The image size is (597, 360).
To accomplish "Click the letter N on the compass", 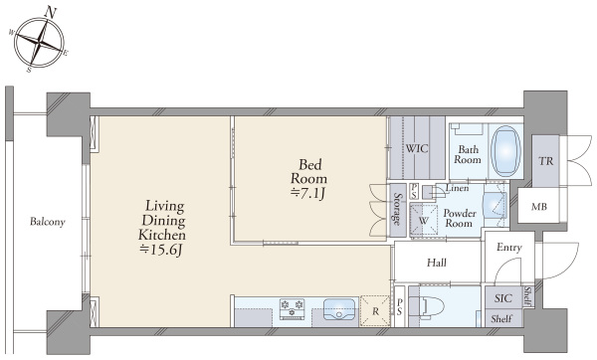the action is pos(51,13).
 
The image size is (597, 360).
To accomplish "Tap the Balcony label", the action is pos(48,222).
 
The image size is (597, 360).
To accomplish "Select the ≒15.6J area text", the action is pos(162,250).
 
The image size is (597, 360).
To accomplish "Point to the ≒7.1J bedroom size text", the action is pos(307,194).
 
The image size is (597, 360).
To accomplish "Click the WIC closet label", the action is pos(417,148).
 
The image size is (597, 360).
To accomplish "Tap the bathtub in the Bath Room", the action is pos(505,150).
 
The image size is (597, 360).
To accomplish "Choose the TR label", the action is pos(546,161).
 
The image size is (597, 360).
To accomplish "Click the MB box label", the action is pos(539,207).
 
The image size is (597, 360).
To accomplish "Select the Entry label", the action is pos(509,248).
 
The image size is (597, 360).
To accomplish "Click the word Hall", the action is pos(437,263).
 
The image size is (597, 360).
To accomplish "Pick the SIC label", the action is pos(502,298).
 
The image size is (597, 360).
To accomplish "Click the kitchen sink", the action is pos(339,308).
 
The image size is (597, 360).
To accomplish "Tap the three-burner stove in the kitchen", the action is pos(292,308).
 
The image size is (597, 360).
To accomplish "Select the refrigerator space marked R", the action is pos(375,311).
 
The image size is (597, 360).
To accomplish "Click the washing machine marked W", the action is pos(424,220).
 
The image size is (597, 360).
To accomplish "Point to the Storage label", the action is pos(397,209).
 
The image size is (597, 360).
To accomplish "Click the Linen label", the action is pos(457,188).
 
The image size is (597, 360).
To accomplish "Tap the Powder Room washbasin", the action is pos(495,206).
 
